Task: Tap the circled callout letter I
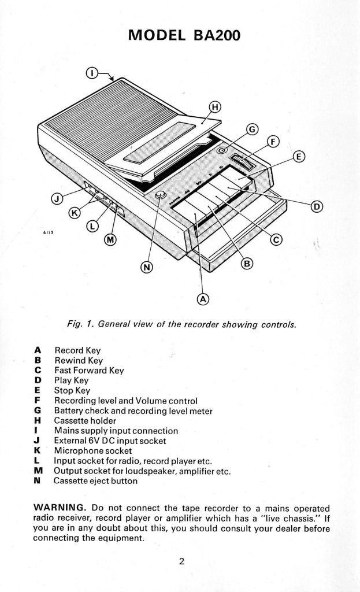coord(91,72)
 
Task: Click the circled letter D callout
coord(318,206)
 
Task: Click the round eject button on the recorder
coord(160,195)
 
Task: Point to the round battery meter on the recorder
coord(222,150)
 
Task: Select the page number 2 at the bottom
coord(181,560)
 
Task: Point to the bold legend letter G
coord(38,410)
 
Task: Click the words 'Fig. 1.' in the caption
coord(81,324)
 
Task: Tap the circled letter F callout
coord(273,141)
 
